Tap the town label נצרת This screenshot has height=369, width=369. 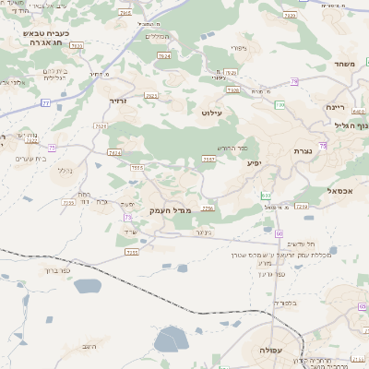[304, 150]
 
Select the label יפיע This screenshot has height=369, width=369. [254, 162]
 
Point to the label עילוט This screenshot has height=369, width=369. [212, 112]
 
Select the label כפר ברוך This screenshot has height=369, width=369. [57, 271]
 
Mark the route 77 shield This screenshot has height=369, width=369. [46, 103]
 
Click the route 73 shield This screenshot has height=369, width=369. [127, 217]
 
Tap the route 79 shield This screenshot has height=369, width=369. [294, 82]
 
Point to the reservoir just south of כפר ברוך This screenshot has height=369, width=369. [85, 287]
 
